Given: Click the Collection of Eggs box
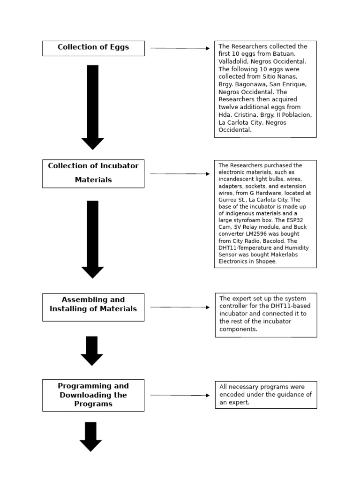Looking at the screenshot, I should pyautogui.click(x=93, y=48).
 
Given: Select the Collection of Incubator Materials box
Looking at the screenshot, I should pyautogui.click(x=93, y=173).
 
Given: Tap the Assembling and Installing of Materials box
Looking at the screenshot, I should pyautogui.click(x=93, y=307).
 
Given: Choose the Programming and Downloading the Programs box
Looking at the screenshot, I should pyautogui.click(x=93, y=395).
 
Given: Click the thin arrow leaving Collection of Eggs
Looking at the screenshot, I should pyautogui.click(x=180, y=48).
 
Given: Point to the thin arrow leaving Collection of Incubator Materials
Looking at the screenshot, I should pyautogui.click(x=180, y=174).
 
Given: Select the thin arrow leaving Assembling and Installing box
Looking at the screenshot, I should pyautogui.click(x=180, y=307).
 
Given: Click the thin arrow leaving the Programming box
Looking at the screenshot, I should pyautogui.click(x=180, y=395).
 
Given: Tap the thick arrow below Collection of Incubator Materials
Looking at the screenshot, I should pyautogui.click(x=93, y=239).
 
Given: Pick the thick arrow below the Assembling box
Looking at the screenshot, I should pyautogui.click(x=92, y=351).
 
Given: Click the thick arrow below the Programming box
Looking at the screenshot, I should pyautogui.click(x=90, y=436).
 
